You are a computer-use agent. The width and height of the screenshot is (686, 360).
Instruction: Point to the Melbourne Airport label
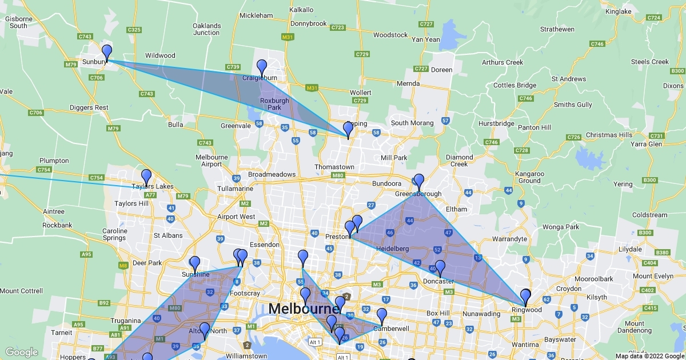tap(212, 161)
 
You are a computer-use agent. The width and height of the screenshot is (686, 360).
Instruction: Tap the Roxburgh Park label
tap(275, 104)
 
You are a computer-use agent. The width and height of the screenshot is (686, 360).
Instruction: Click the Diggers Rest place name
tap(89, 107)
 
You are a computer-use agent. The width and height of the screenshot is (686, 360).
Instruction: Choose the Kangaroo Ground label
tap(529, 177)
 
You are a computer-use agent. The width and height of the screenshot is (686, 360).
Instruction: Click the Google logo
tap(22, 352)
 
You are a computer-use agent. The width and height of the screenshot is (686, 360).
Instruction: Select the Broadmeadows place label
tap(272, 174)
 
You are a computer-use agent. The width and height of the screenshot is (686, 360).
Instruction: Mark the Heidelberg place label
tap(392, 249)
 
